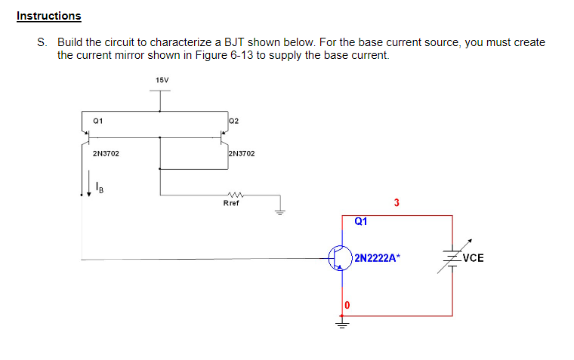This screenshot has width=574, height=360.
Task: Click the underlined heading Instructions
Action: [x=48, y=16]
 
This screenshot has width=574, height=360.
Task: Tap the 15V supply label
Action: [x=161, y=80]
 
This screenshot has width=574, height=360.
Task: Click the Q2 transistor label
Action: [x=233, y=121]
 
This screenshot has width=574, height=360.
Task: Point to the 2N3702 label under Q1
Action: [x=105, y=154]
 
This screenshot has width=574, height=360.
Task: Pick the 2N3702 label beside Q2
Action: [x=241, y=154]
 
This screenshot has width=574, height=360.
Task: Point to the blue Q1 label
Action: [x=360, y=221]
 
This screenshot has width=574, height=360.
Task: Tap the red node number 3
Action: [x=397, y=202]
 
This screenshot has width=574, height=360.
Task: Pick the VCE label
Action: [x=473, y=258]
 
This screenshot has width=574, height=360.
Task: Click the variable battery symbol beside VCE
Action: [x=452, y=257]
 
